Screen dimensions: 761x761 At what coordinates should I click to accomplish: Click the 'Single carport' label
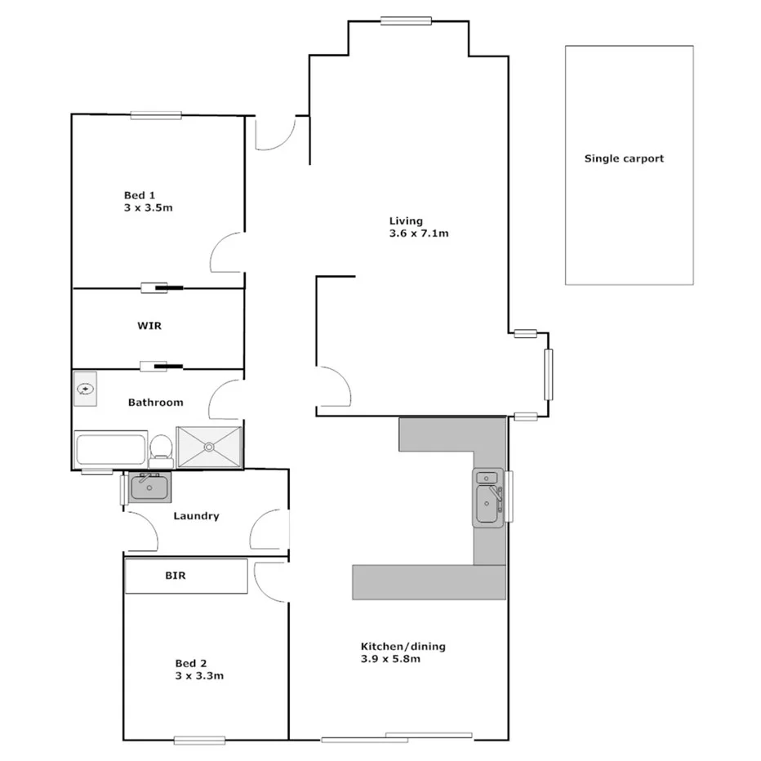[624, 159]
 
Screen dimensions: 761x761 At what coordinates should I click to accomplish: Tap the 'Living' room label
[406, 220]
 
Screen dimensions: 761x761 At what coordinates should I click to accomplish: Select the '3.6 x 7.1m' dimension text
[420, 234]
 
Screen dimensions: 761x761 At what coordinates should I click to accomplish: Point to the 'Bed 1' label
[140, 195]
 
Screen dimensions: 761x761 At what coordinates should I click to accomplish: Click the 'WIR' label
[149, 326]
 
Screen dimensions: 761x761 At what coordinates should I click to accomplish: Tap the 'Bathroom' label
[155, 403]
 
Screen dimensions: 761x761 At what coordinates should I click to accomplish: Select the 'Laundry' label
[196, 516]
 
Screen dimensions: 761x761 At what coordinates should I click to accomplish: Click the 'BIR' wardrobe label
[176, 576]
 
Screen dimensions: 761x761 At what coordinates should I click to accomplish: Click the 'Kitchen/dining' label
[403, 647]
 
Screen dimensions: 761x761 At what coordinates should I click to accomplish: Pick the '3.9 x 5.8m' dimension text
[390, 659]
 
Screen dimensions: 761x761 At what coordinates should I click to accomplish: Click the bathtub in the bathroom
[110, 449]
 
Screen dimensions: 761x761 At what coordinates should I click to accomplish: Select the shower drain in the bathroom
[210, 447]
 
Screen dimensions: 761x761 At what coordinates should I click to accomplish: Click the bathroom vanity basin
[85, 389]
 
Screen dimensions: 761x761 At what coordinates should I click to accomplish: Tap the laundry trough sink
[149, 487]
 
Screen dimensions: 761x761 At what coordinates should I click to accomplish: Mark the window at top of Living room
[406, 21]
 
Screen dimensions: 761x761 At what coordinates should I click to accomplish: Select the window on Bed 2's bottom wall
[198, 741]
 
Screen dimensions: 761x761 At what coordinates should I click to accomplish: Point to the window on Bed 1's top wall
[155, 115]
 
